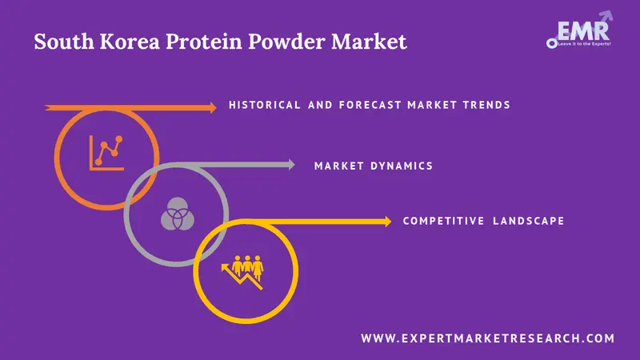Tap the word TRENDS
[483, 106]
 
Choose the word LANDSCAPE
[530, 221]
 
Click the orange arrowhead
[211, 106]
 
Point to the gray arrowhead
[290, 166]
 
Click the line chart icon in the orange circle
[106, 151]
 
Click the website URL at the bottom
[488, 339]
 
